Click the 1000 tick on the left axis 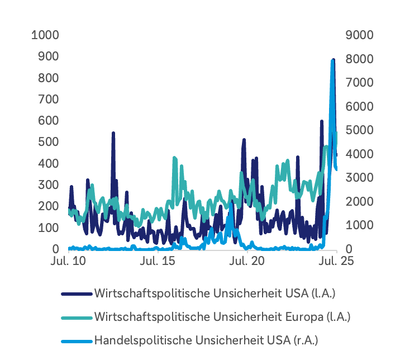coord(45,35)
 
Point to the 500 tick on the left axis coord(48,142)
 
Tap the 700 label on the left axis coord(48,99)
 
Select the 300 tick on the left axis coord(48,185)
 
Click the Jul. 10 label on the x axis coord(68,261)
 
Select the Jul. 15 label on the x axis coord(158,261)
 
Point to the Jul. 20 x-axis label coord(247,261)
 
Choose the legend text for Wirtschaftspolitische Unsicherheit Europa coord(222,316)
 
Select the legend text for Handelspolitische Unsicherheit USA coord(206,340)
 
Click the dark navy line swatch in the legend coord(76,293)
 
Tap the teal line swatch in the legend coord(76,317)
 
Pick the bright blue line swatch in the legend coord(76,340)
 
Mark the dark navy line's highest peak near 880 coord(334,60)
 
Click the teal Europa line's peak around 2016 coord(174,159)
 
